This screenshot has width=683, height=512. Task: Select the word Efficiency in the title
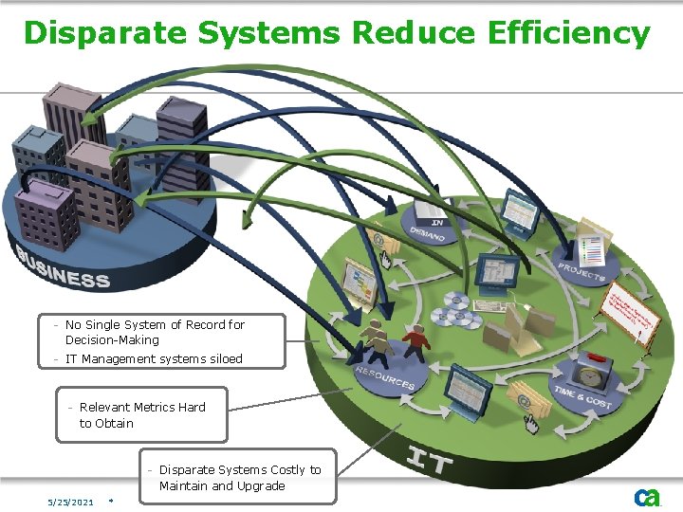point(568,33)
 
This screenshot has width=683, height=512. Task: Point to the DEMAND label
point(427,232)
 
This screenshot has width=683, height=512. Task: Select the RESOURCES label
point(385,378)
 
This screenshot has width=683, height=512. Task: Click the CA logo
point(647,497)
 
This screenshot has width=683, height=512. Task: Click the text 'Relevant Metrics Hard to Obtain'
point(142,415)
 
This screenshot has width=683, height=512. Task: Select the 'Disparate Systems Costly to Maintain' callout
point(239,478)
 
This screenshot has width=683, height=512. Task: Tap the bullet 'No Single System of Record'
point(155,332)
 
